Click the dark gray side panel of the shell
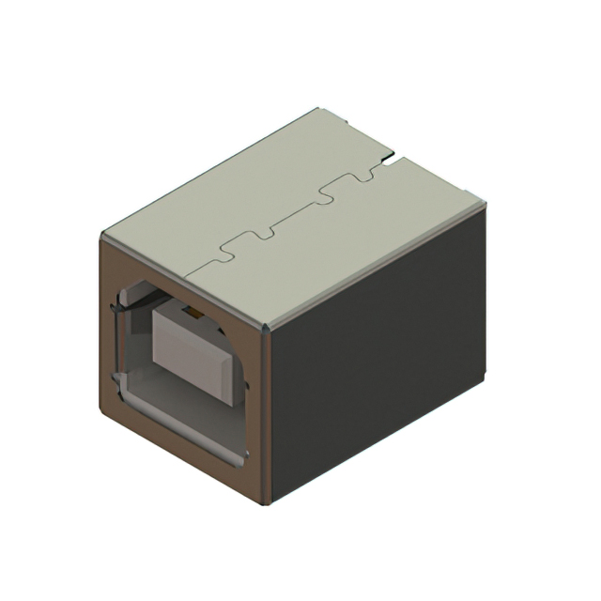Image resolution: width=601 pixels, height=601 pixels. pyautogui.click(x=376, y=347)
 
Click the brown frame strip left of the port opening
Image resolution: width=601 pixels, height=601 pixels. pyautogui.click(x=107, y=319)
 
